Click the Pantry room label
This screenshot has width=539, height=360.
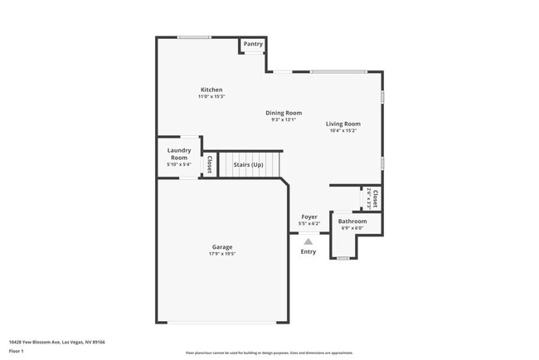point(253,43)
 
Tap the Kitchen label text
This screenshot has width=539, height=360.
point(211,90)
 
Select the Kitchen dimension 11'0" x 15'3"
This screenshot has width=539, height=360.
point(211,97)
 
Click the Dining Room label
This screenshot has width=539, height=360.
point(284,113)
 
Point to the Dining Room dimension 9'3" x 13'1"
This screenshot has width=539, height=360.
point(284,120)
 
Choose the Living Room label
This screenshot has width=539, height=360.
point(342,124)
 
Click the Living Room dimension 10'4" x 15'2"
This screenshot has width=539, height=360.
point(342,131)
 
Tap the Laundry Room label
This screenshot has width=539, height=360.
point(179,154)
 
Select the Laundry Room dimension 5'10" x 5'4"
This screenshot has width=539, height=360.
point(179,164)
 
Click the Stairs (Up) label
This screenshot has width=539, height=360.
point(248,164)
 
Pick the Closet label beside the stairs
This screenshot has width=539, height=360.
point(210,164)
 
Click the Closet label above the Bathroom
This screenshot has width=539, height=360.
point(376,198)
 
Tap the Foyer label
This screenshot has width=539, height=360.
point(308,216)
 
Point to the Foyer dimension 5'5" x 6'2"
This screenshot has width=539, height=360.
point(308,224)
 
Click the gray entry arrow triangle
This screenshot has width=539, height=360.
point(308,241)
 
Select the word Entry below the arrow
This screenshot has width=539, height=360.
point(308,251)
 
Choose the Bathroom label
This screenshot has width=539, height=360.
point(352,221)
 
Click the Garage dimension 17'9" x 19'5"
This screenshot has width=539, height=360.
point(222,254)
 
